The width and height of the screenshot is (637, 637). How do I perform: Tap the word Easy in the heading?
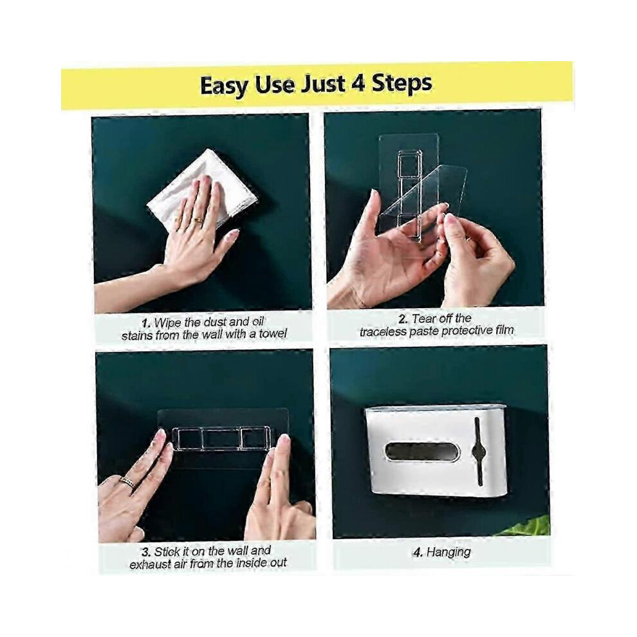point(223,86)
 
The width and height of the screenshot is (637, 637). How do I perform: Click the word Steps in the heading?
point(402,84)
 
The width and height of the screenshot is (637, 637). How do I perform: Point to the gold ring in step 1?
point(199,221)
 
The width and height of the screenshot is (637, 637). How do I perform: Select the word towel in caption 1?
point(273,334)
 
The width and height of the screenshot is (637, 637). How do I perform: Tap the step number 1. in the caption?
point(146,324)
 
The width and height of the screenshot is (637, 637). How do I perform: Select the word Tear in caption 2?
point(423,319)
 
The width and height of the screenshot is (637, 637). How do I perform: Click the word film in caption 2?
point(504,330)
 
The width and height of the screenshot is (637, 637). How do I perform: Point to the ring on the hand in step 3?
point(127,483)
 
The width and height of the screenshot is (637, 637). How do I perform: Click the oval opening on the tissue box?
point(422,452)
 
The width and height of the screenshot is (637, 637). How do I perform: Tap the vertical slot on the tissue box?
point(479,451)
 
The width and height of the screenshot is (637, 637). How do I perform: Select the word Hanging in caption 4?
point(448,552)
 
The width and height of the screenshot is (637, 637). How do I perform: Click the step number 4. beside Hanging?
point(418,553)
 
